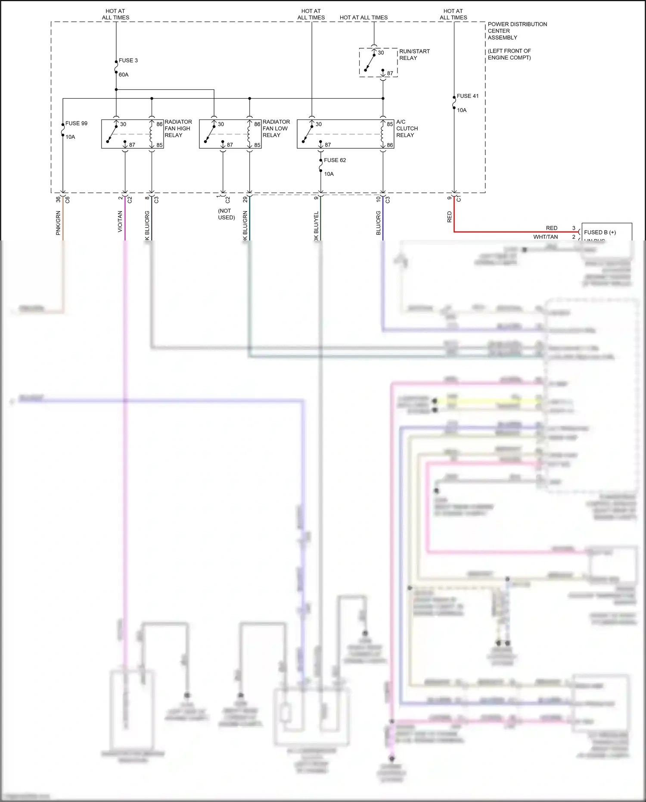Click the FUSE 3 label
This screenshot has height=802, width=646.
pos(128,60)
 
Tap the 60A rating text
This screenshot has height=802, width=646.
pos(124,75)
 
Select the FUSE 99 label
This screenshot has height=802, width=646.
pos(76,123)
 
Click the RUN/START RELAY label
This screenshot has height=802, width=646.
pos(414,54)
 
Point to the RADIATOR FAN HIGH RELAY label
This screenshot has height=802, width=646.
pos(178,128)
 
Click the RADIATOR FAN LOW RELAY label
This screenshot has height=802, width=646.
pos(276,128)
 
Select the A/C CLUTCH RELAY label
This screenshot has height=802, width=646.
pos(407,128)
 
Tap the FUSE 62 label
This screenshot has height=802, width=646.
pos(335,160)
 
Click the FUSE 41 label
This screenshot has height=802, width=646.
pos(467,96)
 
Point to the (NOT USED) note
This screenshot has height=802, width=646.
pos(226,214)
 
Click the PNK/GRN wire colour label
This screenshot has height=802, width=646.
pos(58,223)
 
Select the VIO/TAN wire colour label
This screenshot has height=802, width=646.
pos(120,222)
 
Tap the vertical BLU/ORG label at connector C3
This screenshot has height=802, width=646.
pos(378,223)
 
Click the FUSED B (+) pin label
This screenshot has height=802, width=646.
pos(599,232)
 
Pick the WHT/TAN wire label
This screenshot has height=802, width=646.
pos(545,237)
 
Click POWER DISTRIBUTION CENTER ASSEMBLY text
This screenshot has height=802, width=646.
pos(517,31)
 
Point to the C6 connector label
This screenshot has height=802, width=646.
pos(68,200)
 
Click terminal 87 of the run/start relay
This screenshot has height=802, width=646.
pos(390,73)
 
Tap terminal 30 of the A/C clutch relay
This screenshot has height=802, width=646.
pos(318,124)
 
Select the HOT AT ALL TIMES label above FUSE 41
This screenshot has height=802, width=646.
pos(453,14)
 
